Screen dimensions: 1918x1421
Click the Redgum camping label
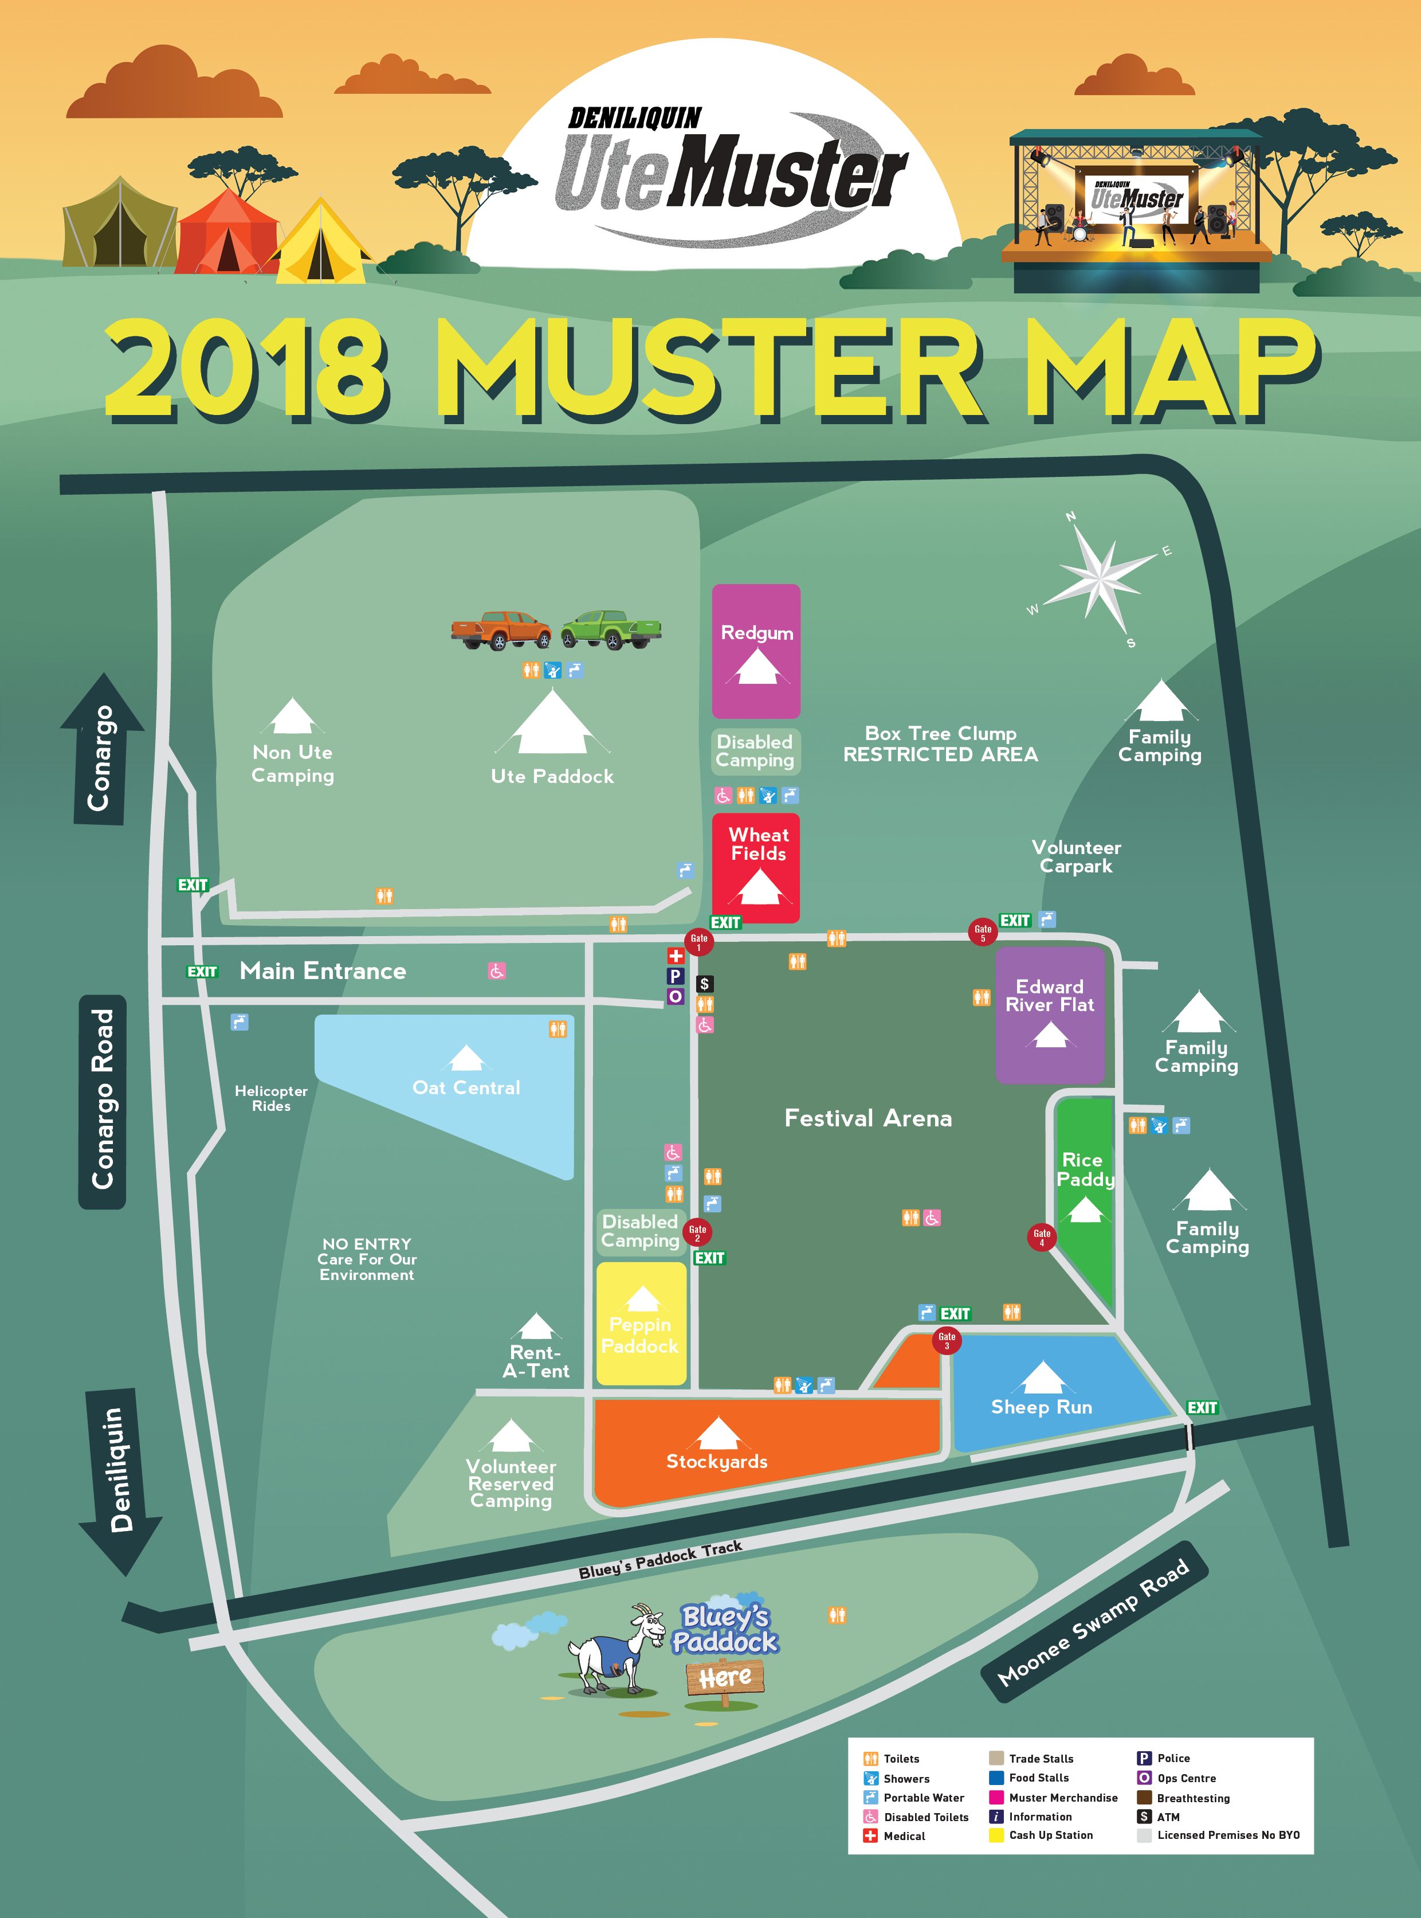[x=757, y=632]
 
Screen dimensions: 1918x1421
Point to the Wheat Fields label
[x=758, y=844]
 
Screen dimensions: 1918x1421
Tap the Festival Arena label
[x=868, y=1118]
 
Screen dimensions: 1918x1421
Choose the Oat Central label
[x=466, y=1087]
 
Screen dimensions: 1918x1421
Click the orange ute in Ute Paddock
[x=501, y=630]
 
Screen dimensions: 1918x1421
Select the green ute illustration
[x=611, y=630]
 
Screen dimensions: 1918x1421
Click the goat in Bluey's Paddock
[x=615, y=1648]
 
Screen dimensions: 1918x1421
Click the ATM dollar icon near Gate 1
[x=704, y=984]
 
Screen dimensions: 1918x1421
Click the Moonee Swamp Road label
[x=1093, y=1622]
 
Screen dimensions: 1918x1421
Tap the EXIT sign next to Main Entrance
[x=202, y=972]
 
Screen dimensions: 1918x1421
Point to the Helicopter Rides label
[x=271, y=1098]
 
